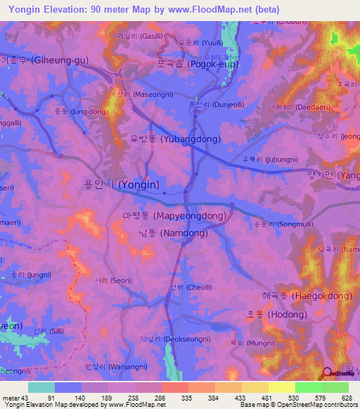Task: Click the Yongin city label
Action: tap(122, 185)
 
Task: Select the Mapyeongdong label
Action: tap(174, 216)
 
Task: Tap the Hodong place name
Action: tap(276, 314)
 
